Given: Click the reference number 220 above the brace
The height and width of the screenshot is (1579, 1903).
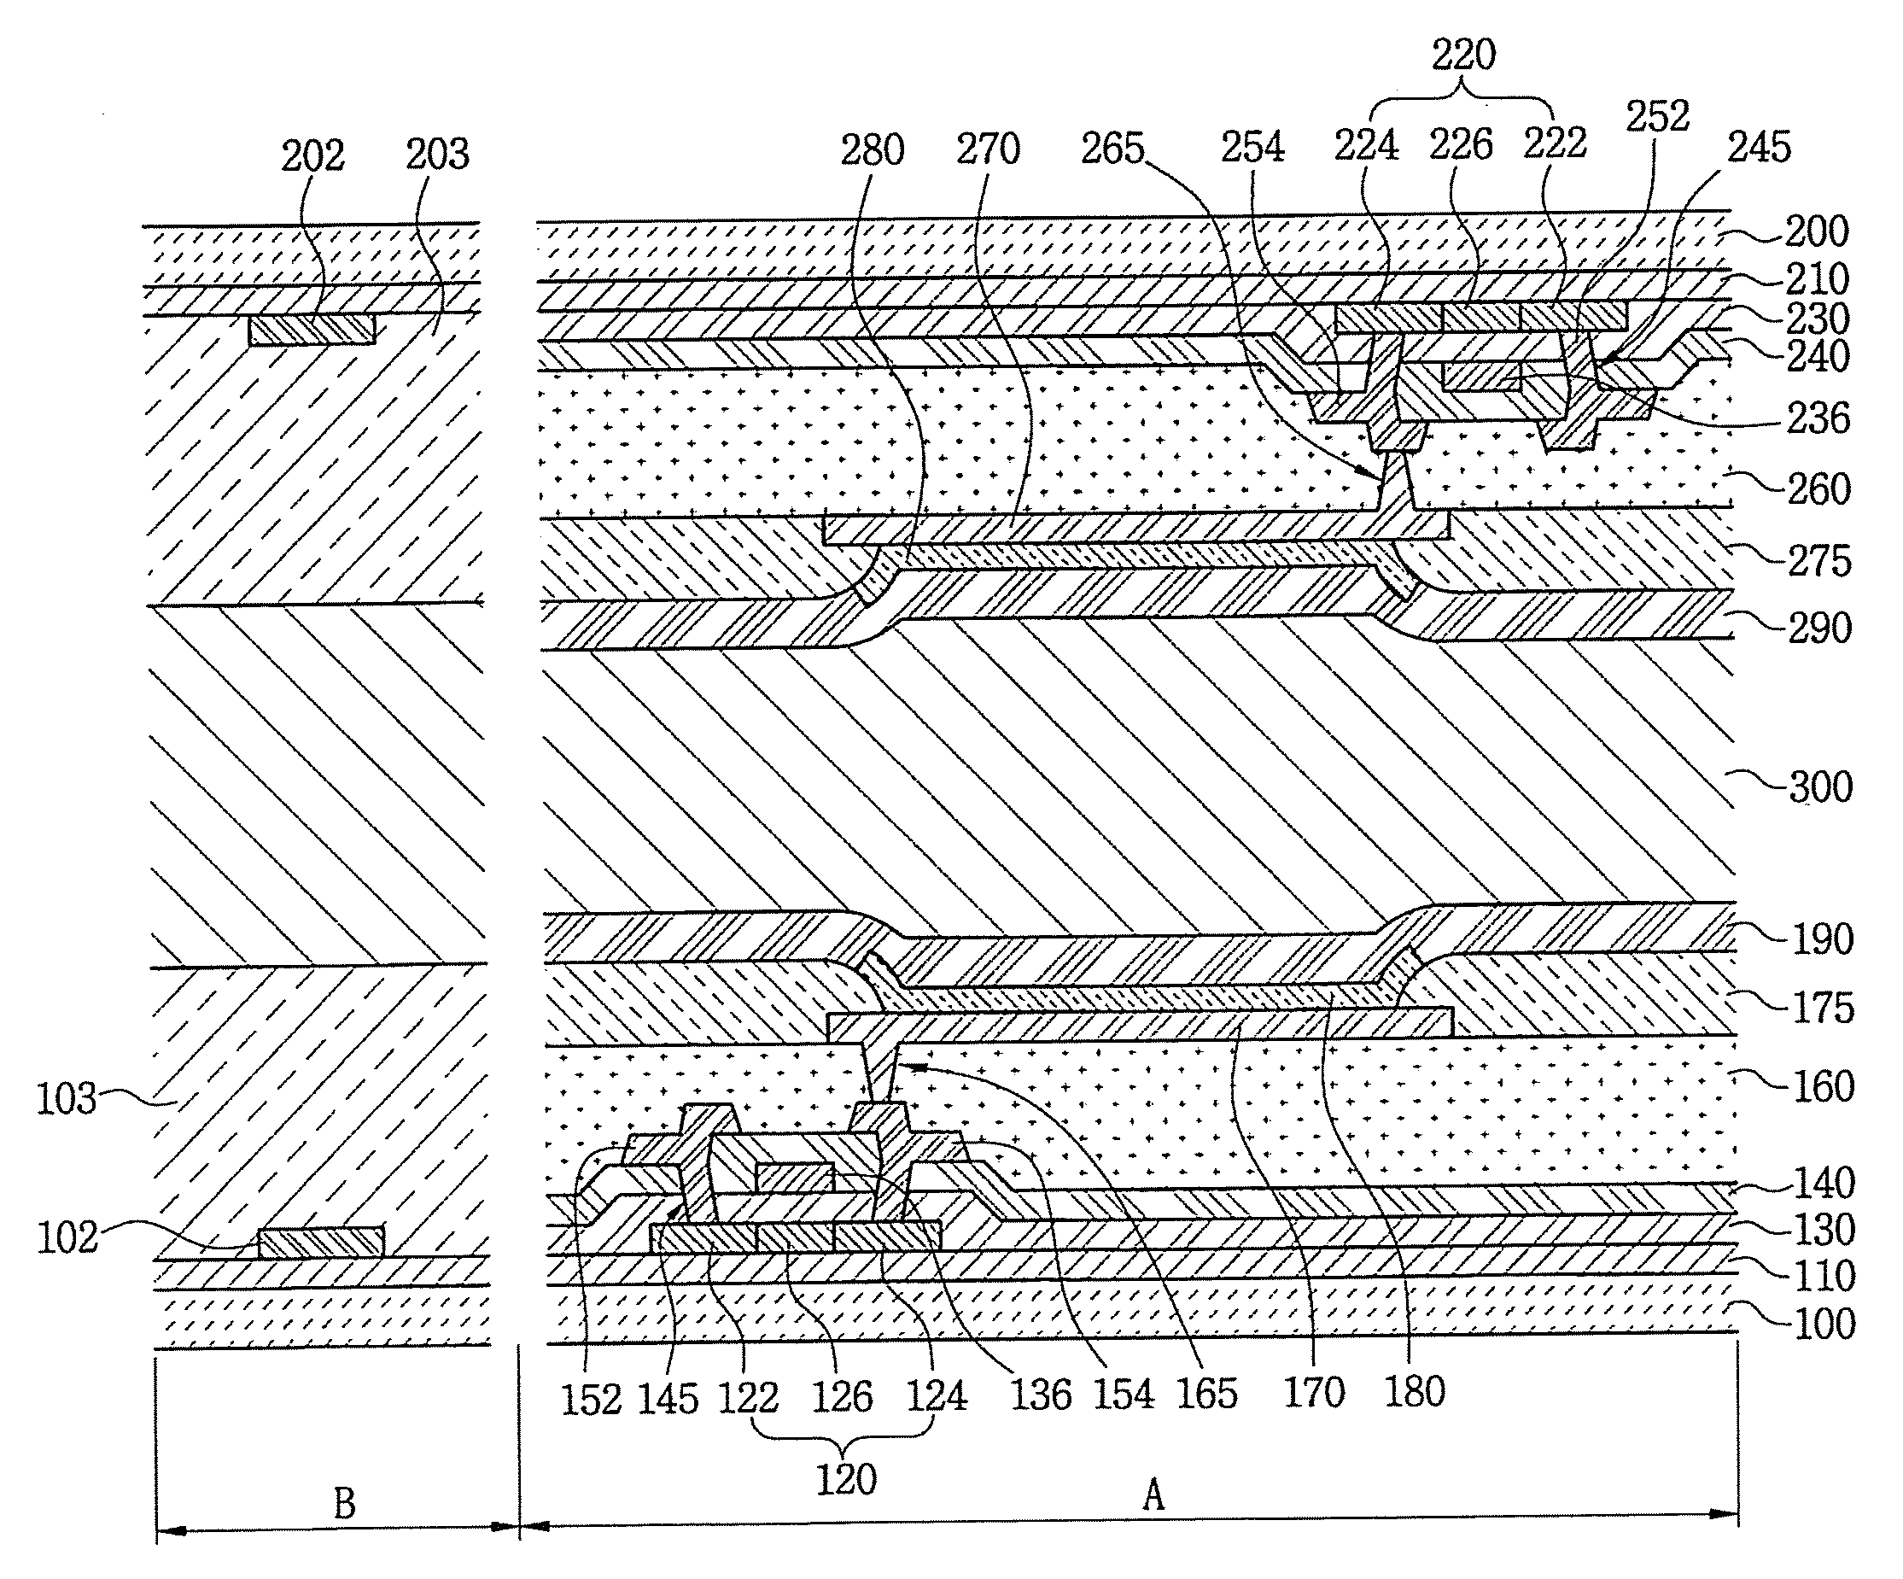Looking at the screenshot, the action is pyautogui.click(x=1463, y=56).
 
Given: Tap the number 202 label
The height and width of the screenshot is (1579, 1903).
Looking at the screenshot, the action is pyautogui.click(x=312, y=156).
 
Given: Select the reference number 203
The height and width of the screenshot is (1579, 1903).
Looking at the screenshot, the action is pyautogui.click(x=437, y=154).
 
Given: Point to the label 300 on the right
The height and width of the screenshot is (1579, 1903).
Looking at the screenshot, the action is pyautogui.click(x=1820, y=787).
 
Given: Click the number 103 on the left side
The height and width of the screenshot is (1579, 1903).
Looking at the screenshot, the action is pyautogui.click(x=66, y=1100).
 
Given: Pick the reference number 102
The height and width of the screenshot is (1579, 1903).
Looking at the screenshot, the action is pyautogui.click(x=66, y=1237).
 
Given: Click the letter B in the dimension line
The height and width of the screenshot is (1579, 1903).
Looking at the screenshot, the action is pyautogui.click(x=344, y=1504).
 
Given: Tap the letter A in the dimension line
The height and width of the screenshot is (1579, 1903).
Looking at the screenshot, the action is pyautogui.click(x=1153, y=1494).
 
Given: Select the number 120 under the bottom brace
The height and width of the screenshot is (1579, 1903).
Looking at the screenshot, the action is pyautogui.click(x=846, y=1480).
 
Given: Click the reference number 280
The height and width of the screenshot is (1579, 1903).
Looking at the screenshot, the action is pyautogui.click(x=872, y=150).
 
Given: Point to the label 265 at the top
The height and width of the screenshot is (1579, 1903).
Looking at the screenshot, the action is pyautogui.click(x=1112, y=149).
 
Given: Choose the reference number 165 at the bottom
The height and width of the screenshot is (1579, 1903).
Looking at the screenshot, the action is pyautogui.click(x=1207, y=1394).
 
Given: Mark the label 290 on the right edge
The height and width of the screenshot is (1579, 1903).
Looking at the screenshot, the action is pyautogui.click(x=1819, y=629).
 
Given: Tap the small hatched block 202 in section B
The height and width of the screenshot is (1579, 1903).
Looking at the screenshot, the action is pyautogui.click(x=312, y=329).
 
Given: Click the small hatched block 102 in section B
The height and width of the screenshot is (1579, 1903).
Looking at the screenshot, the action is pyautogui.click(x=321, y=1242).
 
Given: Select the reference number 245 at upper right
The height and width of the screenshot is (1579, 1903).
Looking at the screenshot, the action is pyautogui.click(x=1759, y=147).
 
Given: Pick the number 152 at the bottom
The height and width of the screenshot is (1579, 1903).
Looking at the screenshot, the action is pyautogui.click(x=591, y=1400).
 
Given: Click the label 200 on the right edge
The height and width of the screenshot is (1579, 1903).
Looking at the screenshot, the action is pyautogui.click(x=1817, y=232).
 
